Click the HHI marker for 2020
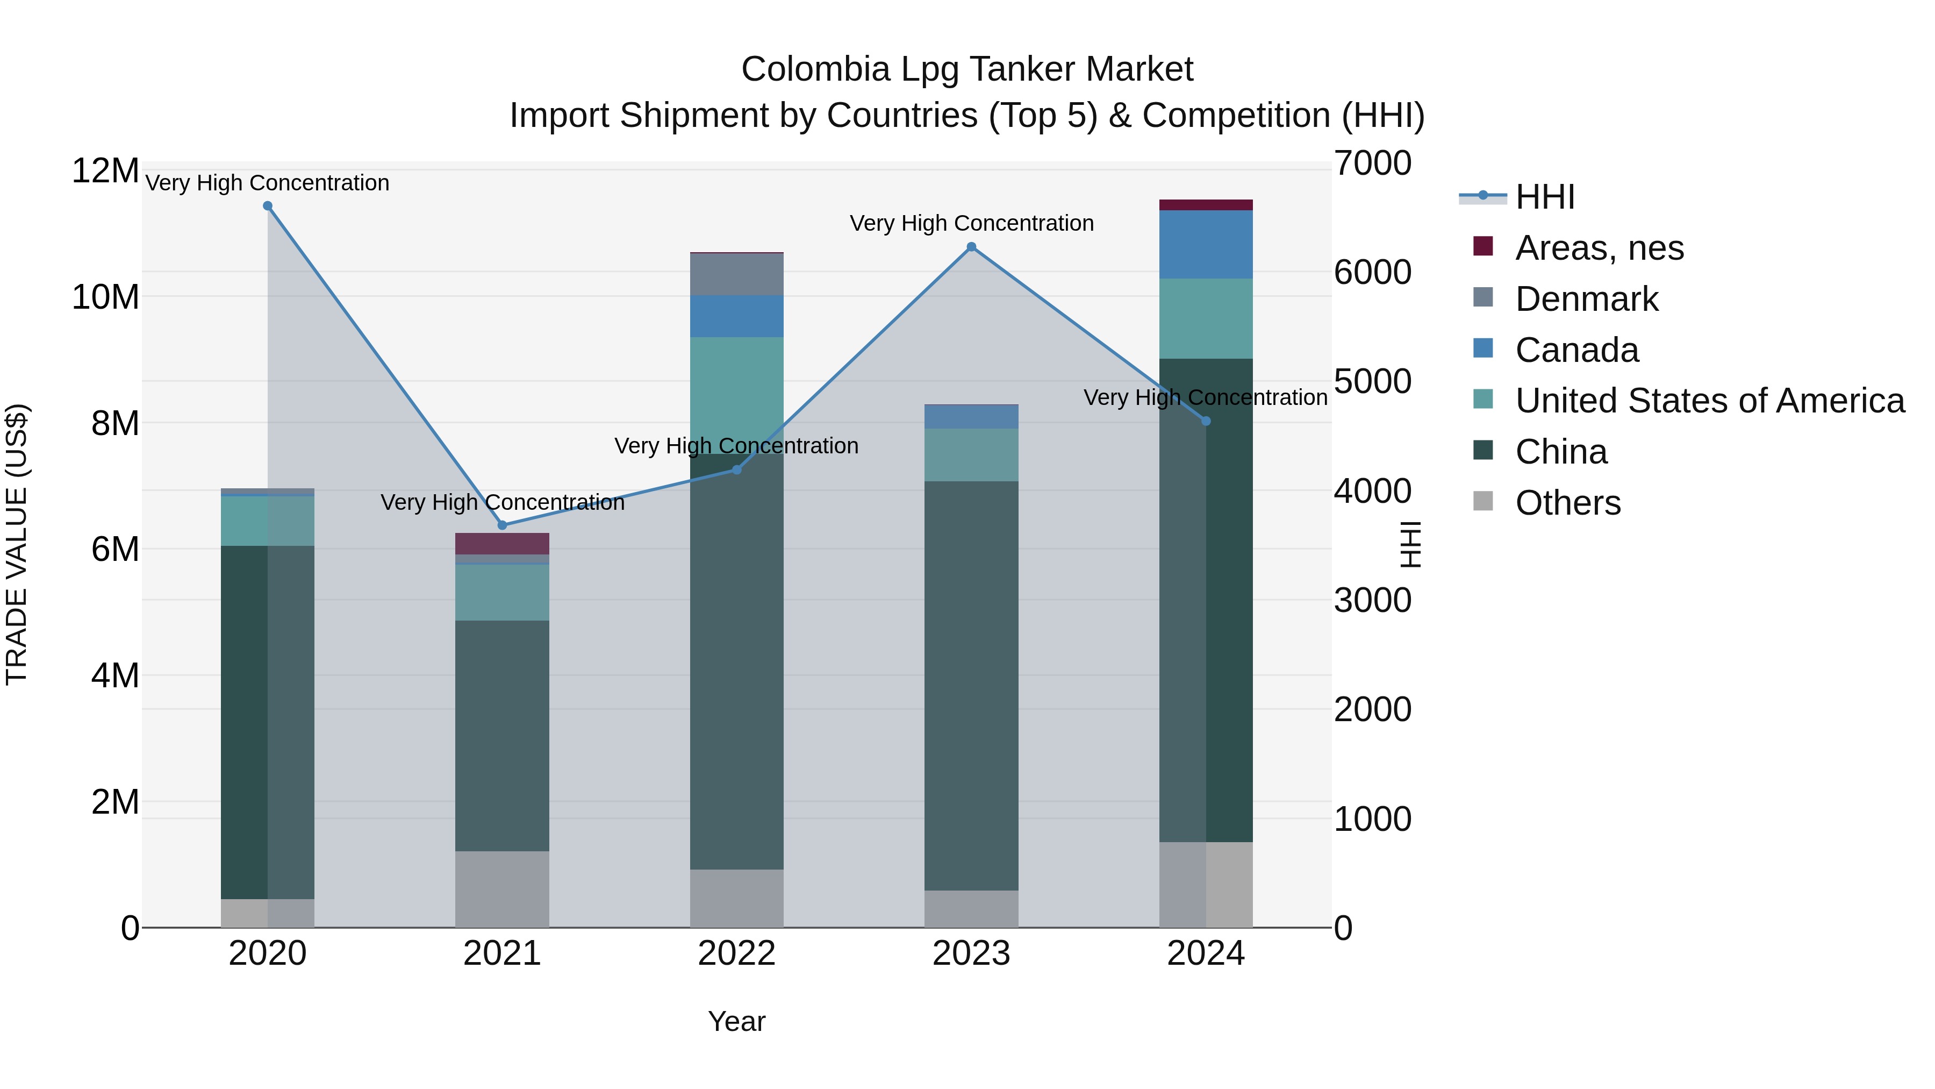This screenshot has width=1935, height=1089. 268,206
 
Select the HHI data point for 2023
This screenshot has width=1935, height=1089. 971,247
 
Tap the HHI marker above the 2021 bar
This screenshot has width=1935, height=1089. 503,525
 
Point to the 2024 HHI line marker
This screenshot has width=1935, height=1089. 1206,422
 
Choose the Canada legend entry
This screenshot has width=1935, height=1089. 1576,350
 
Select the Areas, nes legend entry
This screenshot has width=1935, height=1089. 1599,248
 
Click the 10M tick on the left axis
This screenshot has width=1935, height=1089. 105,297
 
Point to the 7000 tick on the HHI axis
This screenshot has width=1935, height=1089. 1372,164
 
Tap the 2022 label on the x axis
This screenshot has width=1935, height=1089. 736,953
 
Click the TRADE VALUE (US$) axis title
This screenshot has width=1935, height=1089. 17,544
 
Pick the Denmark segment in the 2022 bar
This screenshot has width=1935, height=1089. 736,274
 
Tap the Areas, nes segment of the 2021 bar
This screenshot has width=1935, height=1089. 502,543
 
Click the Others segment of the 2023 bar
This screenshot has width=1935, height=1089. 971,909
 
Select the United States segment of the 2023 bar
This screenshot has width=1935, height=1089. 971,454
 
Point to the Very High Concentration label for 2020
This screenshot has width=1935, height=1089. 268,183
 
